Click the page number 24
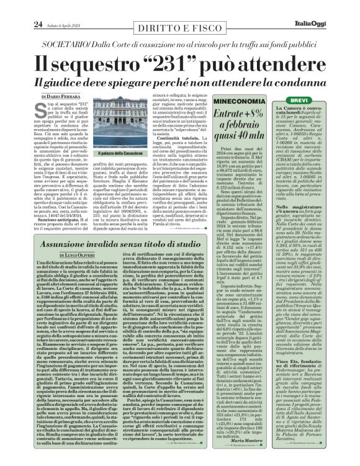point(19,7)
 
